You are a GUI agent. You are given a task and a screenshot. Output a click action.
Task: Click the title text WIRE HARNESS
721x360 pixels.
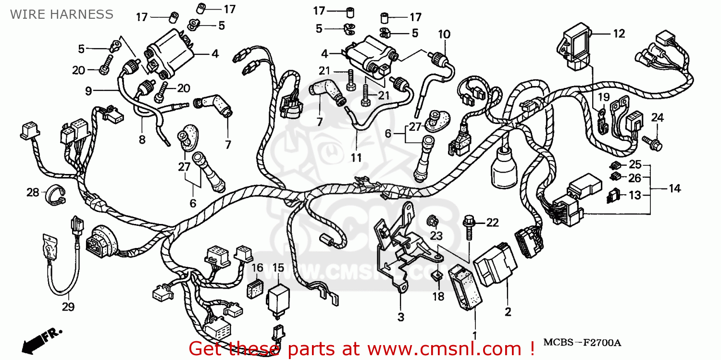62,14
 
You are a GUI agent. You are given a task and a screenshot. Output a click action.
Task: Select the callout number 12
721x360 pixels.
619,34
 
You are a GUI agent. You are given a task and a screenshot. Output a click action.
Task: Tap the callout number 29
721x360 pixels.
68,307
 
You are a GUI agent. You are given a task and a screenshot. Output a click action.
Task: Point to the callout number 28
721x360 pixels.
33,193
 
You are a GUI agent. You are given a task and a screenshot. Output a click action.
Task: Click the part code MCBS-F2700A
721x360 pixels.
582,343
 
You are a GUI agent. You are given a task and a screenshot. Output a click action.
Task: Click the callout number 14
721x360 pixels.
674,188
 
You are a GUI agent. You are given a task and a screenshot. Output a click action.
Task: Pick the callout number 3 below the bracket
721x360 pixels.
400,317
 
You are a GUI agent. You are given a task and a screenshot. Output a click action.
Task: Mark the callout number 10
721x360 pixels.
444,34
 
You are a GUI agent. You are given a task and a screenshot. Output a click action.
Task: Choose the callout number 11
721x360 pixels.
356,158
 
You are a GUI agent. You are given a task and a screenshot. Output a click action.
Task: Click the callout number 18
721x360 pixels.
438,297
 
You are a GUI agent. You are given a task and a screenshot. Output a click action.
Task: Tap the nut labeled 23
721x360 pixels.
432,221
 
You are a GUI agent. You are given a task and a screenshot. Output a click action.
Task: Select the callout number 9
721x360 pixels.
88,90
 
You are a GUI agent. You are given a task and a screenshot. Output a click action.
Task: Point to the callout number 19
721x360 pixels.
604,98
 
